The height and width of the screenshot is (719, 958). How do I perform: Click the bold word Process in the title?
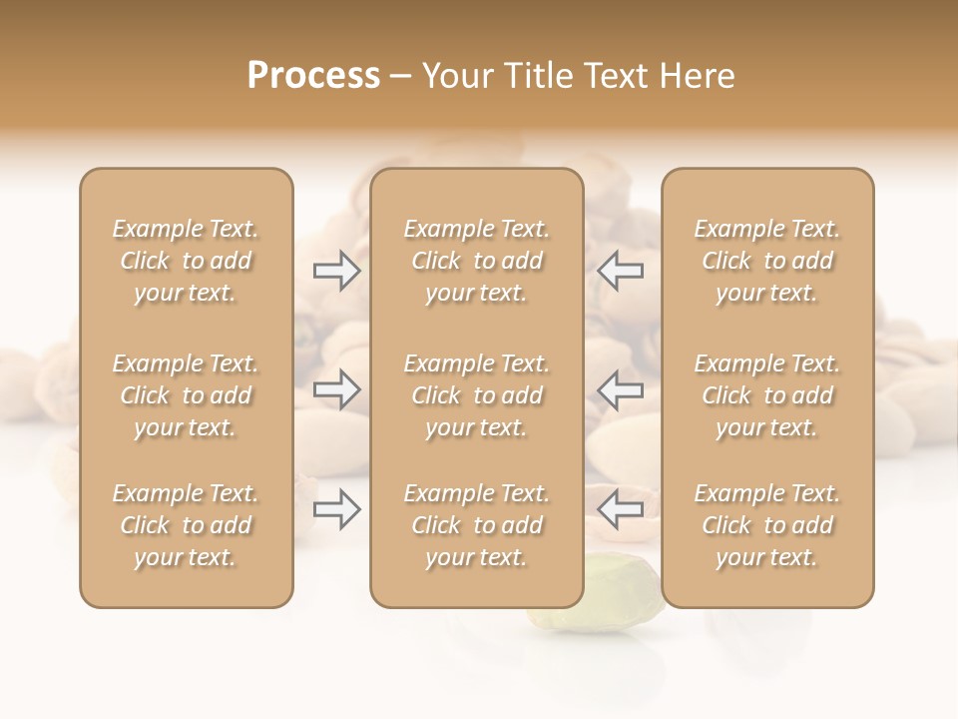[x=313, y=76]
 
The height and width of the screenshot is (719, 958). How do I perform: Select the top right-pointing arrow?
[x=336, y=271]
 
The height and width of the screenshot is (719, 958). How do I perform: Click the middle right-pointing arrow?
[x=336, y=390]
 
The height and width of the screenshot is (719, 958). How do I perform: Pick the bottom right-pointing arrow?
[x=336, y=510]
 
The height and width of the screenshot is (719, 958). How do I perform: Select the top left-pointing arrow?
[x=620, y=271]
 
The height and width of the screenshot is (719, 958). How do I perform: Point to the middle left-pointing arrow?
[x=620, y=390]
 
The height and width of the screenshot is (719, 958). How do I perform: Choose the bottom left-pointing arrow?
[x=620, y=510]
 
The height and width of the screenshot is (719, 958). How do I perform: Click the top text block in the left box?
[x=186, y=261]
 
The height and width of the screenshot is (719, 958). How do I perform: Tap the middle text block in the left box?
[x=186, y=395]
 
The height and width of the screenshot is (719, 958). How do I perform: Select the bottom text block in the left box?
[x=186, y=525]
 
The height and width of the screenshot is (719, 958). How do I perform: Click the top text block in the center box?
[x=476, y=261]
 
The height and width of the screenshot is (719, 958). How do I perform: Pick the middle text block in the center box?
[x=476, y=395]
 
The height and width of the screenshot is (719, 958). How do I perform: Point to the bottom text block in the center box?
[x=476, y=525]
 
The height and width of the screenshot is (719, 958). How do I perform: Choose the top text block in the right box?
[x=766, y=261]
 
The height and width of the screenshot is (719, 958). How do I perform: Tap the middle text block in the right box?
[x=766, y=395]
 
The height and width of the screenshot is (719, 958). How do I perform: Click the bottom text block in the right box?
[x=766, y=525]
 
